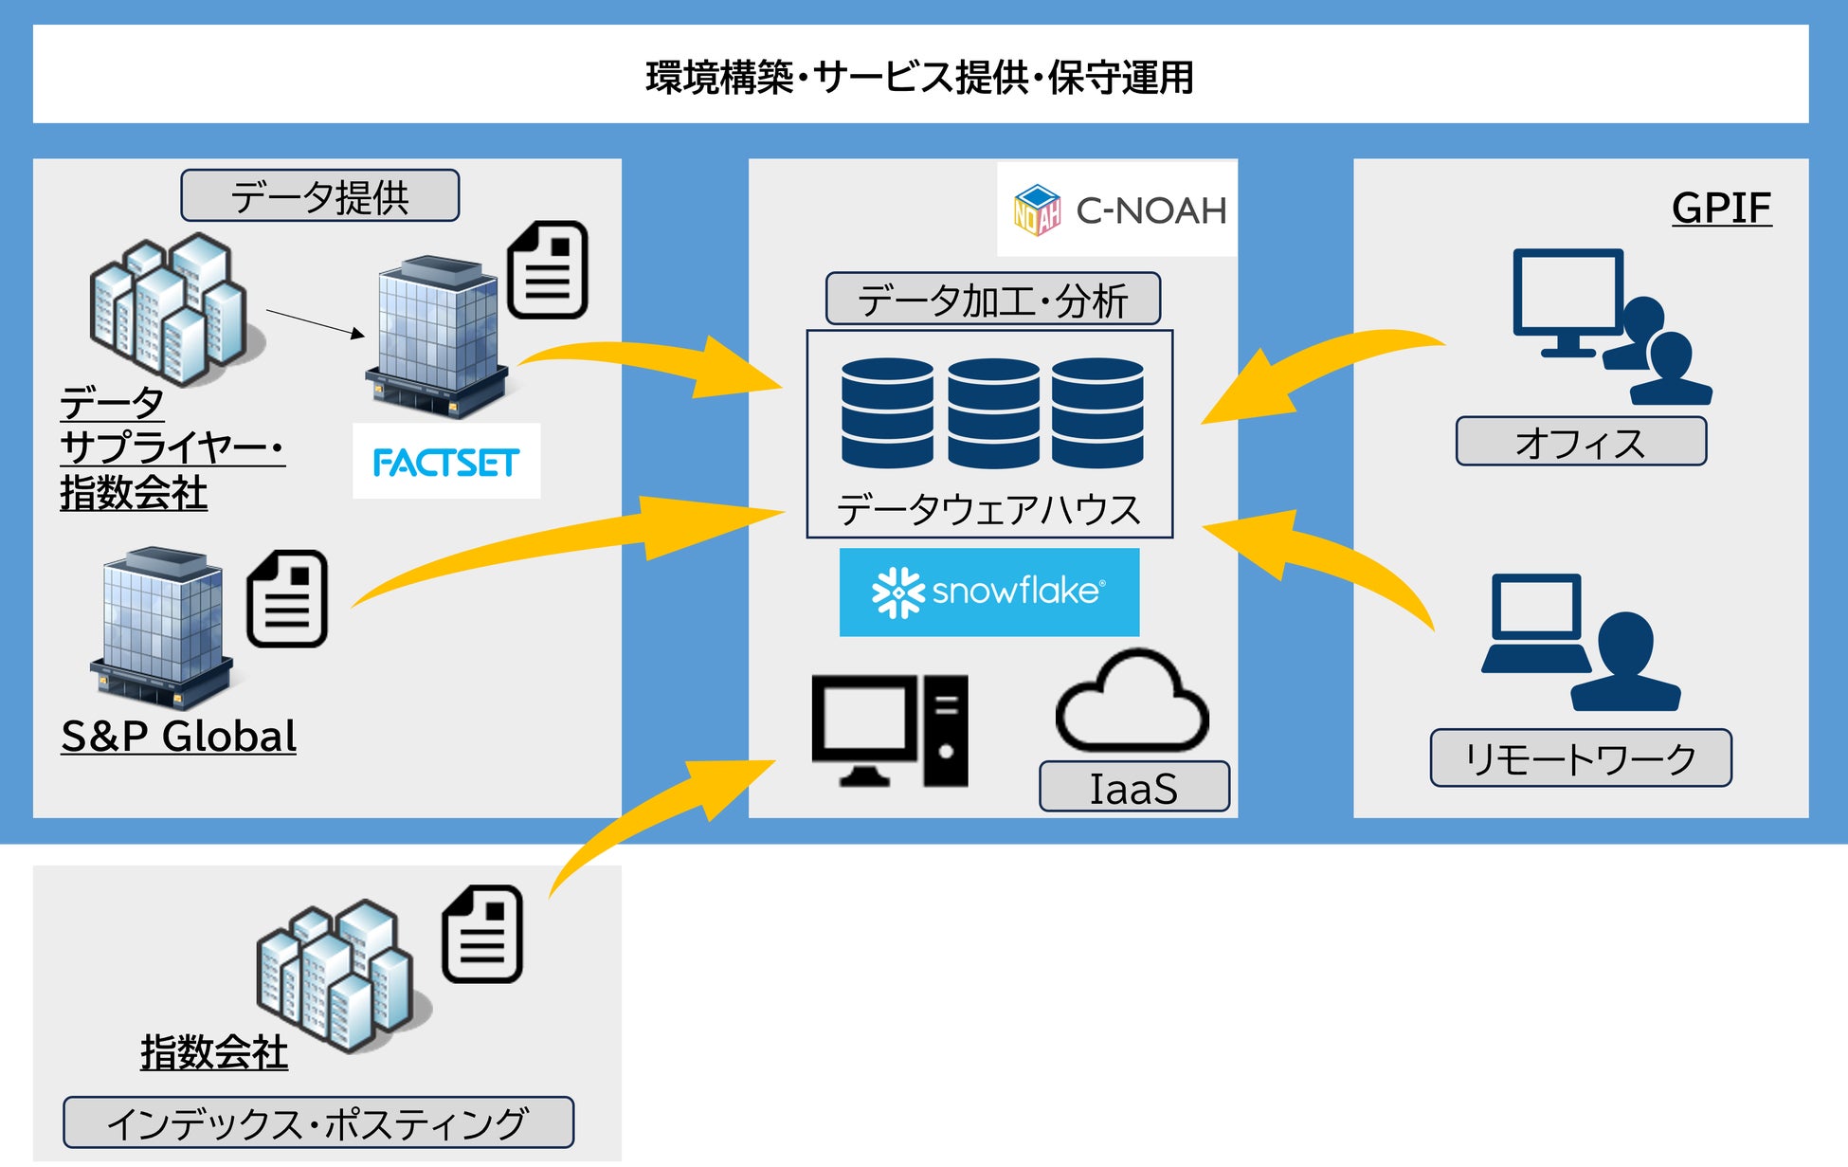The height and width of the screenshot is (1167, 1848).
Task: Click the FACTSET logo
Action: coord(445,462)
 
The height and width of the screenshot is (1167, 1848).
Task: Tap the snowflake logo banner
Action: coord(988,592)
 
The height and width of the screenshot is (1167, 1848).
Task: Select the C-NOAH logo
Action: coord(1118,210)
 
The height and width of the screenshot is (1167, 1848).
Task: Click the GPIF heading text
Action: coord(1721,208)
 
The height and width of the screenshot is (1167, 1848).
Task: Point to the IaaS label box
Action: coord(1133,787)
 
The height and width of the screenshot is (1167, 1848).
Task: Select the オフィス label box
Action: coord(1580,442)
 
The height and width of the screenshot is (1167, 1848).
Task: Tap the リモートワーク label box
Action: coord(1580,758)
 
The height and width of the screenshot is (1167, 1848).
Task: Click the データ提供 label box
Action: coord(319,196)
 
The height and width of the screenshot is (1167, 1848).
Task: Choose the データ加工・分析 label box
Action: coord(992,300)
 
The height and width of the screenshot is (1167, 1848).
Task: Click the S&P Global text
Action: coord(178,737)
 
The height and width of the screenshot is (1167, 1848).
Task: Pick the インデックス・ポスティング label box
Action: coord(317,1123)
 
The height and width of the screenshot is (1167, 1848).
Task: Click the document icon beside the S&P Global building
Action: coord(287,599)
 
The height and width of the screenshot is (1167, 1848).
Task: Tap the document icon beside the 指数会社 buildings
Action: coord(482,934)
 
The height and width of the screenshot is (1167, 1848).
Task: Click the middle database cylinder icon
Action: coord(992,412)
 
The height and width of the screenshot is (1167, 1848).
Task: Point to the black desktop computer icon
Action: coord(889,731)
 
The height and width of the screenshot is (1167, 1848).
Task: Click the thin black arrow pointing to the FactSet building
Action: coord(315,322)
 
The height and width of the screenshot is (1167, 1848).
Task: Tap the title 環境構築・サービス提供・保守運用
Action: coord(919,77)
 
